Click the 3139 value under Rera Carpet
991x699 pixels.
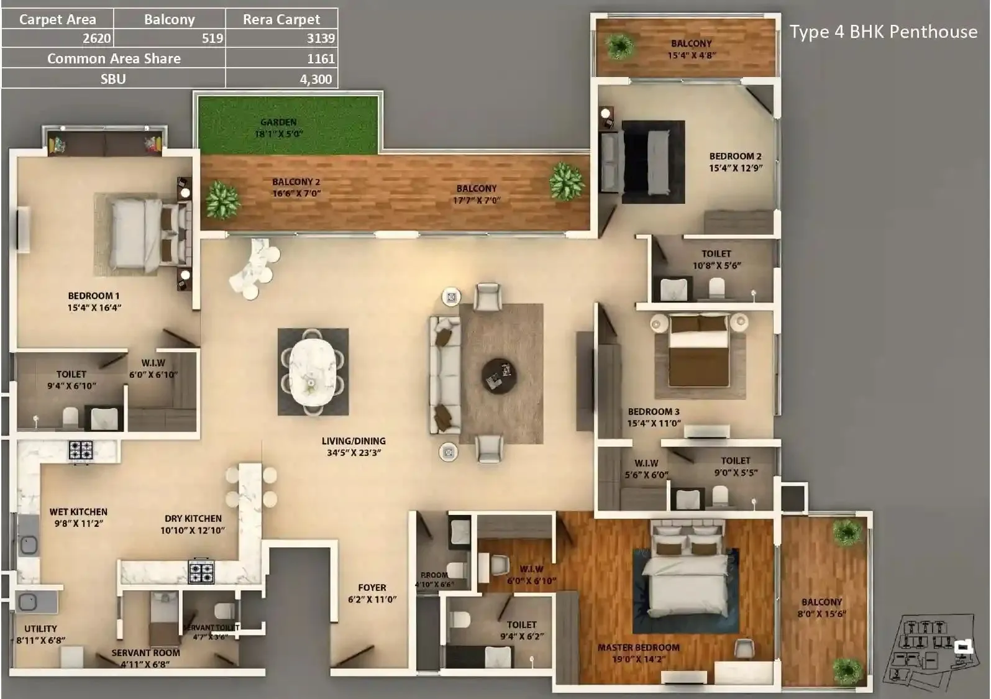pos(320,39)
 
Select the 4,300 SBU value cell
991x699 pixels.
pos(316,79)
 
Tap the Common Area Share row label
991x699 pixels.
pos(114,58)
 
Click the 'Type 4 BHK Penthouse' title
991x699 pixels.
pos(883,32)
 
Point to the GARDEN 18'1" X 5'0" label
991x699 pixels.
pos(278,128)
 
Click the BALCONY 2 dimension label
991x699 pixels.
pos(296,188)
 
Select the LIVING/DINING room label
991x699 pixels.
pos(354,447)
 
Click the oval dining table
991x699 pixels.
pos(313,372)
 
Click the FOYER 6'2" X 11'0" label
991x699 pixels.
pos(372,593)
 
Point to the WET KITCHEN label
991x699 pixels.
pos(78,518)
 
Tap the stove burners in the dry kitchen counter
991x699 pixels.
pos(201,572)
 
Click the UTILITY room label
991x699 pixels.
pos(40,634)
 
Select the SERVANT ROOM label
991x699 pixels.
pos(145,658)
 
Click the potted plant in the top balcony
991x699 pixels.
pos(619,46)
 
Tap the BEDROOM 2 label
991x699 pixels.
pos(735,162)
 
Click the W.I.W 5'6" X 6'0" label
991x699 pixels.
pos(646,468)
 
